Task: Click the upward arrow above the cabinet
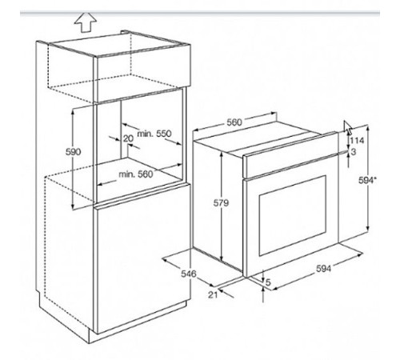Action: pyautogui.click(x=85, y=22)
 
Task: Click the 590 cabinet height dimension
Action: pyautogui.click(x=73, y=152)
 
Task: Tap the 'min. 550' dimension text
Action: pyautogui.click(x=154, y=134)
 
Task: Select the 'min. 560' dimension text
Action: pyautogui.click(x=136, y=174)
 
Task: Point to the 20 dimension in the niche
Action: pyautogui.click(x=128, y=138)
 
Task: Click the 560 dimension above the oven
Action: pyautogui.click(x=234, y=122)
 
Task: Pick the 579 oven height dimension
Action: pyautogui.click(x=221, y=203)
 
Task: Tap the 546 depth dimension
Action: pyautogui.click(x=189, y=274)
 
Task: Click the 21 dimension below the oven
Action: pyautogui.click(x=213, y=294)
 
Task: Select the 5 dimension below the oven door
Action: pyautogui.click(x=268, y=282)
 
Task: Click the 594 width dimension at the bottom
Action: pyautogui.click(x=323, y=269)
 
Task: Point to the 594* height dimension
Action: pyautogui.click(x=367, y=181)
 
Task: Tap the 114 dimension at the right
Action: pyautogui.click(x=357, y=140)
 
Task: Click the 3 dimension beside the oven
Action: pyautogui.click(x=354, y=152)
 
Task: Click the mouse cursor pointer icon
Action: pyautogui.click(x=348, y=127)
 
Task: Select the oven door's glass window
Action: pyautogui.click(x=293, y=215)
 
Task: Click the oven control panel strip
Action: pyautogui.click(x=290, y=155)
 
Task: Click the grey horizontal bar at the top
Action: pyautogui.click(x=200, y=13)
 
